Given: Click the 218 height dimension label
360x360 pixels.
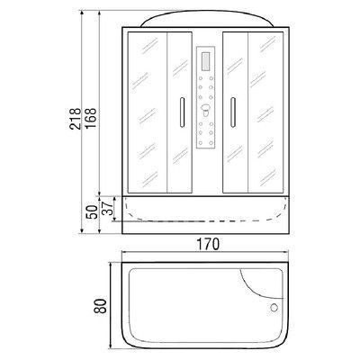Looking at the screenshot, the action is pyautogui.click(x=76, y=119).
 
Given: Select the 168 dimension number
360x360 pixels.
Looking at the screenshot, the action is pyautogui.click(x=91, y=118).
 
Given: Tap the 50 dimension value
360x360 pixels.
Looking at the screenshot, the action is pyautogui.click(x=92, y=212).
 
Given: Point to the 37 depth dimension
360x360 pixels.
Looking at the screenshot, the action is pyautogui.click(x=107, y=207).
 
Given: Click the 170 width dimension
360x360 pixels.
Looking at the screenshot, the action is pyautogui.click(x=208, y=244).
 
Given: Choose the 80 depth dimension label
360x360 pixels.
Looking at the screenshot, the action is pyautogui.click(x=101, y=306).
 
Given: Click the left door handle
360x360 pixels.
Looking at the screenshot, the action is pyautogui.click(x=181, y=112).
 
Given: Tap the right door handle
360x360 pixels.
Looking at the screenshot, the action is pyautogui.click(x=233, y=112).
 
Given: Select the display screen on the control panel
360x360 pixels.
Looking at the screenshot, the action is pyautogui.click(x=206, y=61).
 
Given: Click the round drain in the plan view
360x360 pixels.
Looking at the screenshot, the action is pyautogui.click(x=274, y=308).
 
